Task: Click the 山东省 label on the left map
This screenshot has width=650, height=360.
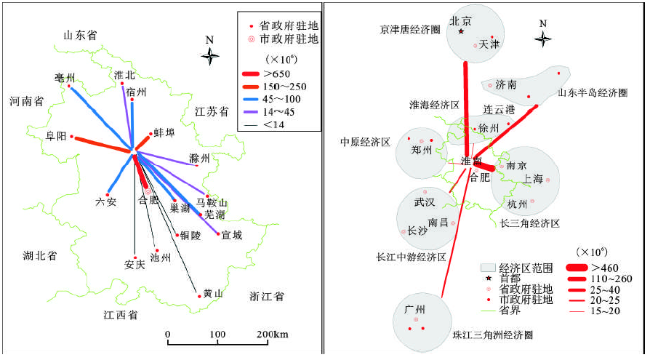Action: (80, 33)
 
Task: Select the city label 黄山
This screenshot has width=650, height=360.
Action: (212, 294)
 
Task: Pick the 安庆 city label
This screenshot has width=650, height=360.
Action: (135, 263)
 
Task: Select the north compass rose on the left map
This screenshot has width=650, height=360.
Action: (210, 55)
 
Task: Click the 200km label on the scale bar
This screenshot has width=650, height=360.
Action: (273, 335)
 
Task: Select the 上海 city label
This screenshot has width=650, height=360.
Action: (533, 179)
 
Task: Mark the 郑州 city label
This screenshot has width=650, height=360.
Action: (421, 151)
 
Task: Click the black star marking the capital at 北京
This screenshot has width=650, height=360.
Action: (461, 31)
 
